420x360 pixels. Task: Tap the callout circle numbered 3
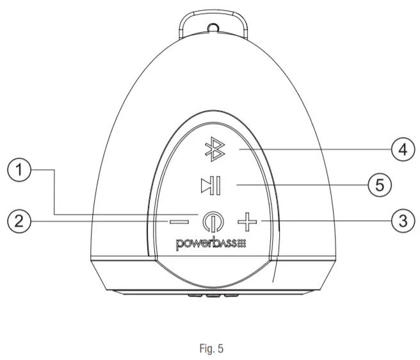(401, 221)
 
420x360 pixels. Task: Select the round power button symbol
(210, 222)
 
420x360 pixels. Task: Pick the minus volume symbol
(179, 222)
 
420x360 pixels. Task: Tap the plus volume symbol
(245, 222)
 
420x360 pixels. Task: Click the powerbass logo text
(205, 243)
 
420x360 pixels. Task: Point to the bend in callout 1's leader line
(54, 171)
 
